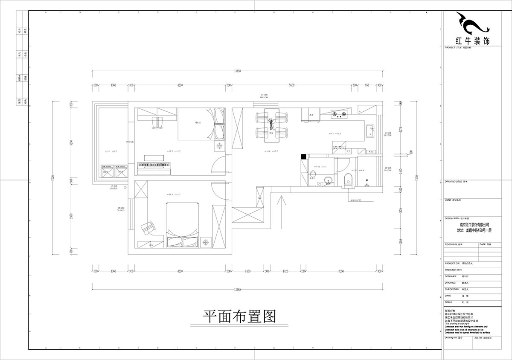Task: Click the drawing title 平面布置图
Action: [x=239, y=316]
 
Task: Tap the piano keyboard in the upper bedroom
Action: [x=154, y=165]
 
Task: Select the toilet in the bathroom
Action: [x=348, y=180]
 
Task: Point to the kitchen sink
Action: [x=369, y=130]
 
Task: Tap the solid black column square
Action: [x=303, y=156]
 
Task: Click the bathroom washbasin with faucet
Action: [x=328, y=180]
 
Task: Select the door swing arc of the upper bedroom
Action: [x=220, y=165]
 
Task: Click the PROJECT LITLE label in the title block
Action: [x=455, y=48]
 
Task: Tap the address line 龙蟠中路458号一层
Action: [x=474, y=230]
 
